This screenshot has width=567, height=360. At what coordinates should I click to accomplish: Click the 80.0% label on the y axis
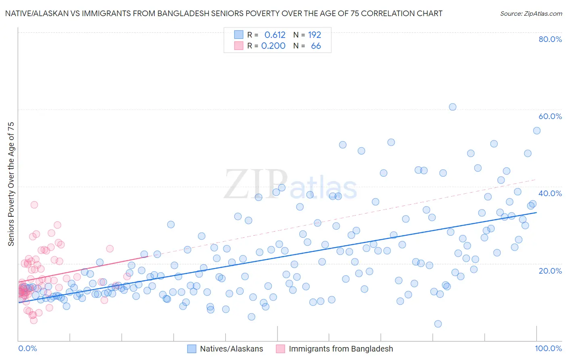coord(550,39)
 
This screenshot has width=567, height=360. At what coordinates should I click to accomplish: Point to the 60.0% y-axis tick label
coord(550,116)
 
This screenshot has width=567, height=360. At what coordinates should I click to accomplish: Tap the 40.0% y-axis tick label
coord(550,193)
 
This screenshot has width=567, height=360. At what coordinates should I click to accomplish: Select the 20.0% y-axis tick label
coord(550,270)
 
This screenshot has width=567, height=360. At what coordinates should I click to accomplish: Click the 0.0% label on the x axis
coord(27,348)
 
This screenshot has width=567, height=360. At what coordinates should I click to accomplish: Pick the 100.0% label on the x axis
coord(548,348)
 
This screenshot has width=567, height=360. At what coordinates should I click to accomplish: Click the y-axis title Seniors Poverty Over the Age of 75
coord(11,184)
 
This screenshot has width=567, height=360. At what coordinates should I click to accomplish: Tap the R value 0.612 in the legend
coord(275,35)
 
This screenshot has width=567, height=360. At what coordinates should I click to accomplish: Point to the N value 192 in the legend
coord(315,35)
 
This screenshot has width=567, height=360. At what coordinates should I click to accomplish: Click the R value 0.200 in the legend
coord(273,46)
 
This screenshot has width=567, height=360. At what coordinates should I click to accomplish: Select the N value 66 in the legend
coord(316,46)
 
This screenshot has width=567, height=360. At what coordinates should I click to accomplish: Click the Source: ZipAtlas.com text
coord(531,14)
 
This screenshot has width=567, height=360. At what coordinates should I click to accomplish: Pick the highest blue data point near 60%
coord(452,107)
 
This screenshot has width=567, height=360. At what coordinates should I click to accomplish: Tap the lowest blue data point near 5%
coord(438,324)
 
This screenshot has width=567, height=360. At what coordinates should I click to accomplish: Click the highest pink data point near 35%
coord(34,205)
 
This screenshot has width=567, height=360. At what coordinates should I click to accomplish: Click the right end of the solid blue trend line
coord(536,212)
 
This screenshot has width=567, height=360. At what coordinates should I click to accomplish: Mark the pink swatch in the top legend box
coord(239,46)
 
